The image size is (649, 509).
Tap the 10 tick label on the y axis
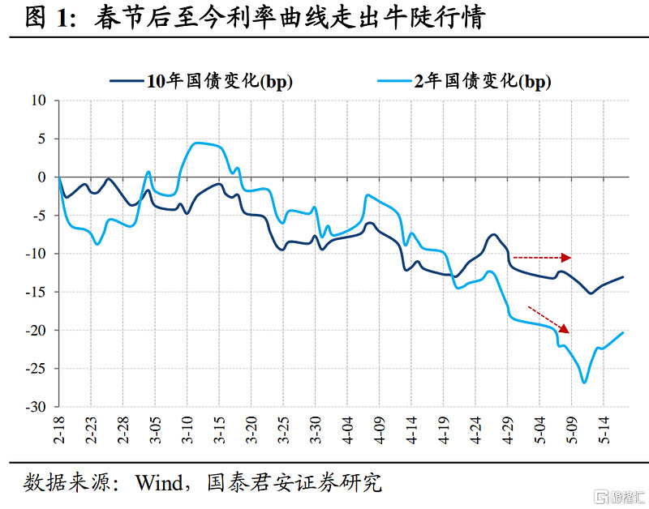point(41,101)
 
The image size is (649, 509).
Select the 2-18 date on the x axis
point(59,429)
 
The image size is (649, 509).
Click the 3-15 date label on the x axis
point(219,429)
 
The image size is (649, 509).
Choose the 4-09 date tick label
point(379,429)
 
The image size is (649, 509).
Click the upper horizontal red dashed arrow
point(542,258)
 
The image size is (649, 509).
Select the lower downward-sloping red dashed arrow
point(548,319)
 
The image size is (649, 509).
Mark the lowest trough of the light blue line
point(584,383)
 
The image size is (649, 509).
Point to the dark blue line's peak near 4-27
point(494,234)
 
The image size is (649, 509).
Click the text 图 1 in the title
point(47,18)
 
